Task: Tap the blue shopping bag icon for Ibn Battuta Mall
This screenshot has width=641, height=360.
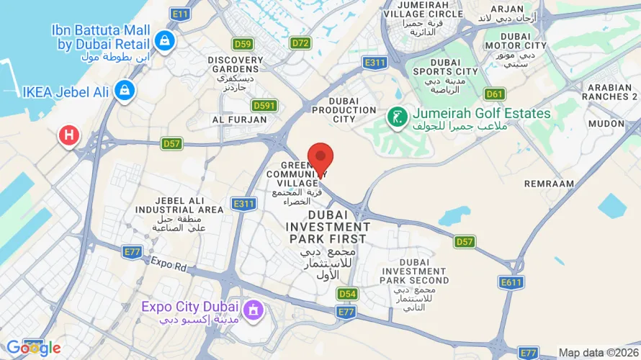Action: click(x=166, y=40)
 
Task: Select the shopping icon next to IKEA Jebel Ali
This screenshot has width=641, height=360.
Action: click(x=125, y=91)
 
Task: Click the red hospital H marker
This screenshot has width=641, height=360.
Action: click(x=69, y=134)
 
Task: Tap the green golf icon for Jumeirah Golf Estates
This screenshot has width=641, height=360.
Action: click(x=396, y=115)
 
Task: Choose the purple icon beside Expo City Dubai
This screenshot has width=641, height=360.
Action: click(x=253, y=310)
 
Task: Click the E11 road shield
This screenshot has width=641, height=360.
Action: click(x=180, y=14)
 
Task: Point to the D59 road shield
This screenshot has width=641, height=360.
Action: click(x=243, y=44)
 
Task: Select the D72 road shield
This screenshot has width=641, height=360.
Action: click(x=301, y=43)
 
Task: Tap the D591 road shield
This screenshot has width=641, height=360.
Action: click(x=265, y=105)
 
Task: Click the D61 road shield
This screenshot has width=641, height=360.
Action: click(x=494, y=94)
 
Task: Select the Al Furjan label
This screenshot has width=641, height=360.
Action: click(x=233, y=119)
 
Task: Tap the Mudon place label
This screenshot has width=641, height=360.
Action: click(x=606, y=123)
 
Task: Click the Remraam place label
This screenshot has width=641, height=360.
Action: click(x=550, y=184)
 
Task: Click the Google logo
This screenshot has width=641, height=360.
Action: click(x=33, y=348)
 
